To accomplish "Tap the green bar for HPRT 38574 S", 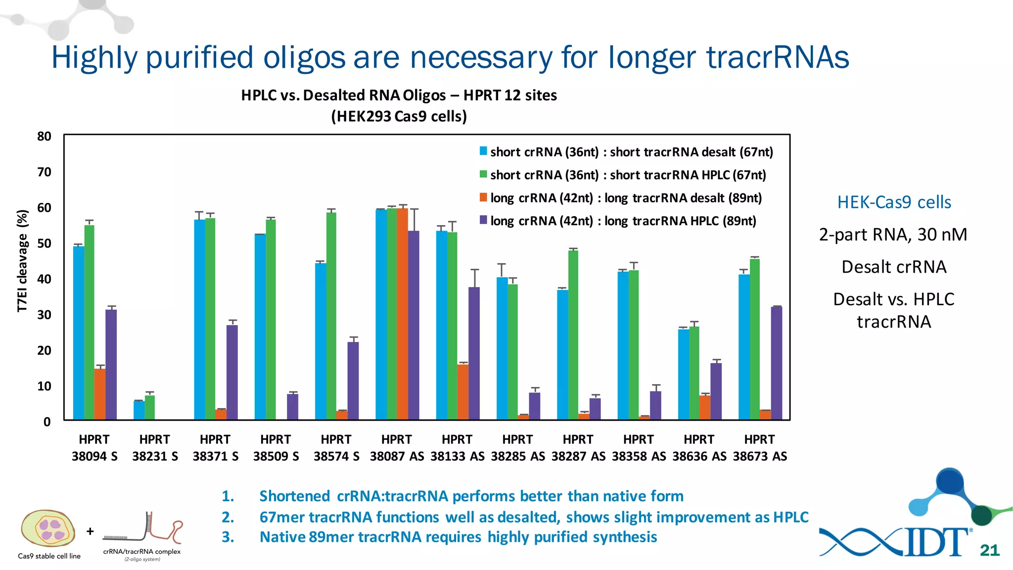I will coord(331,317).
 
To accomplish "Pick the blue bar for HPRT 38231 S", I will coord(139,410).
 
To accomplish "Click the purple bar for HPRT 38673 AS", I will coord(777,364).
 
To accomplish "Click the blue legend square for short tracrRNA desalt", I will coord(483,151).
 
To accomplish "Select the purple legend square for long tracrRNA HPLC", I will coord(483,220).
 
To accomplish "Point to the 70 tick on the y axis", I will coord(45,172).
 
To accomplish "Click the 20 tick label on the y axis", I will coord(45,350).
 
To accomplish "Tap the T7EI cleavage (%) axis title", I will coord(22,261).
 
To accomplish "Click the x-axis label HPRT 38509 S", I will coord(276,448).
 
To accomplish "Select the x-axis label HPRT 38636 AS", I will coord(699,448).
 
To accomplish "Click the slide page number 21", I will coord(990,550).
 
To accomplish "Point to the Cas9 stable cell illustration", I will coord(48,528).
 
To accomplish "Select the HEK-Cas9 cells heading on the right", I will coord(894,202).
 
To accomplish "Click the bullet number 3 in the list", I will coord(228,537).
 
